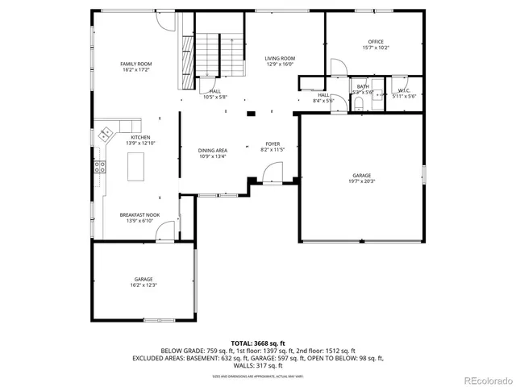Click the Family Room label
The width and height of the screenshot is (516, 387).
pos(136,64)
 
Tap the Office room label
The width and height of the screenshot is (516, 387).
pos(376,42)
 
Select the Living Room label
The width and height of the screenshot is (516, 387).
pos(280,58)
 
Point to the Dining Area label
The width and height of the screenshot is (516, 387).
pos(213,150)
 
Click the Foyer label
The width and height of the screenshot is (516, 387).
pos(273,144)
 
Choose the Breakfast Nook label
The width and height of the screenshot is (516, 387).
pos(139,214)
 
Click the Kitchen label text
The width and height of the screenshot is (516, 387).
pos(141,138)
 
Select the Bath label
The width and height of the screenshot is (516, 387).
pos(363,87)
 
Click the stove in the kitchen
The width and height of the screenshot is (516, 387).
pos(101,168)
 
